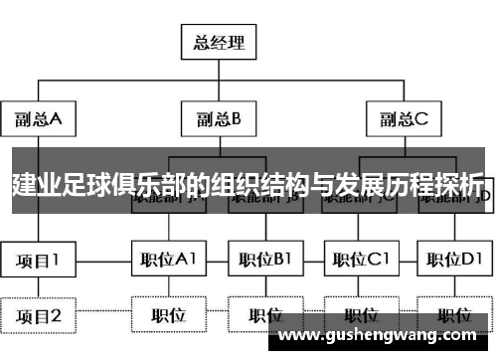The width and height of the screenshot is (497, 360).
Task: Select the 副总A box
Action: point(38,119)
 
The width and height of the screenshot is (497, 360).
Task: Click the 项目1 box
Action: point(38,261)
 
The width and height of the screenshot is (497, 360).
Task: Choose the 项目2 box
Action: point(38,316)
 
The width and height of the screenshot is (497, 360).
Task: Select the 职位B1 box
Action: point(264,261)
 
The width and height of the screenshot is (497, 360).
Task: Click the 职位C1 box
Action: point(360,261)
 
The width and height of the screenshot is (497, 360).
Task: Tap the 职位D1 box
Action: point(453,261)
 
